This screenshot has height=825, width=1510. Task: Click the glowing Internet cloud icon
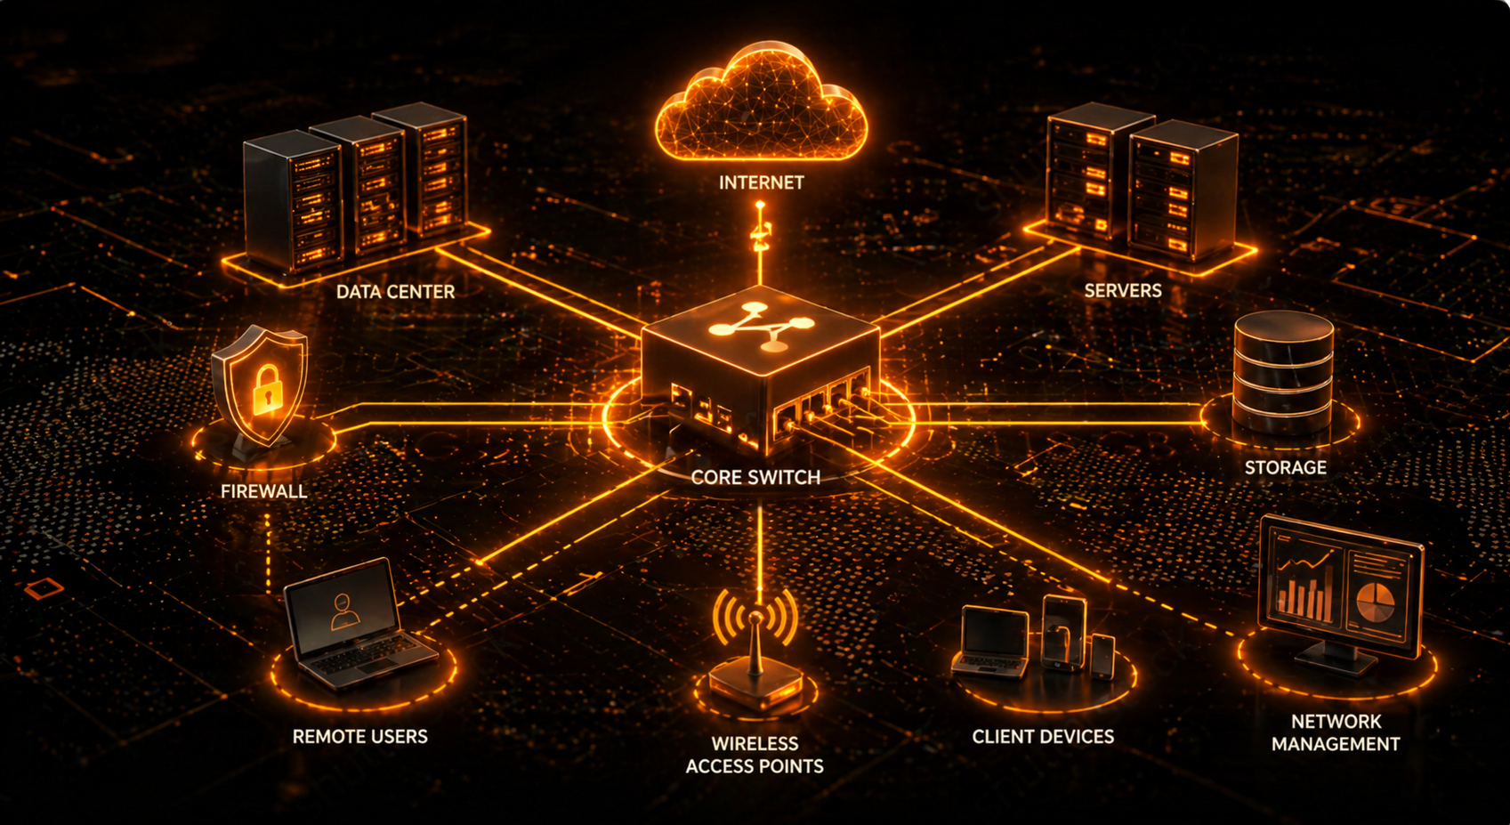click(761, 105)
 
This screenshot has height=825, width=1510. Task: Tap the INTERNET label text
click(761, 182)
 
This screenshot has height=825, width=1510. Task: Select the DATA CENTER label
click(395, 292)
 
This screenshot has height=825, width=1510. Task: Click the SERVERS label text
click(1122, 291)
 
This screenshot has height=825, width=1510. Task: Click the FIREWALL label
click(263, 491)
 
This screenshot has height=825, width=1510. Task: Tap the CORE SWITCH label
click(755, 478)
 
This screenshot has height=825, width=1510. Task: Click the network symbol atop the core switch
click(761, 327)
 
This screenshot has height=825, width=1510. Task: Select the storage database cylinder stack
click(1283, 374)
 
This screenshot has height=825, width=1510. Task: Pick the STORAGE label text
click(1285, 468)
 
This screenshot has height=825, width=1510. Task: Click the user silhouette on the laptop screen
click(344, 611)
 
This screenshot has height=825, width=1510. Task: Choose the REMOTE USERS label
click(359, 737)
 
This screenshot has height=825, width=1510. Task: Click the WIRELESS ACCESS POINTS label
click(755, 755)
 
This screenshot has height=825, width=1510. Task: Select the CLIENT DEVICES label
click(1043, 737)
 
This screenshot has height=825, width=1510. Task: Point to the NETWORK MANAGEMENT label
click(1335, 732)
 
